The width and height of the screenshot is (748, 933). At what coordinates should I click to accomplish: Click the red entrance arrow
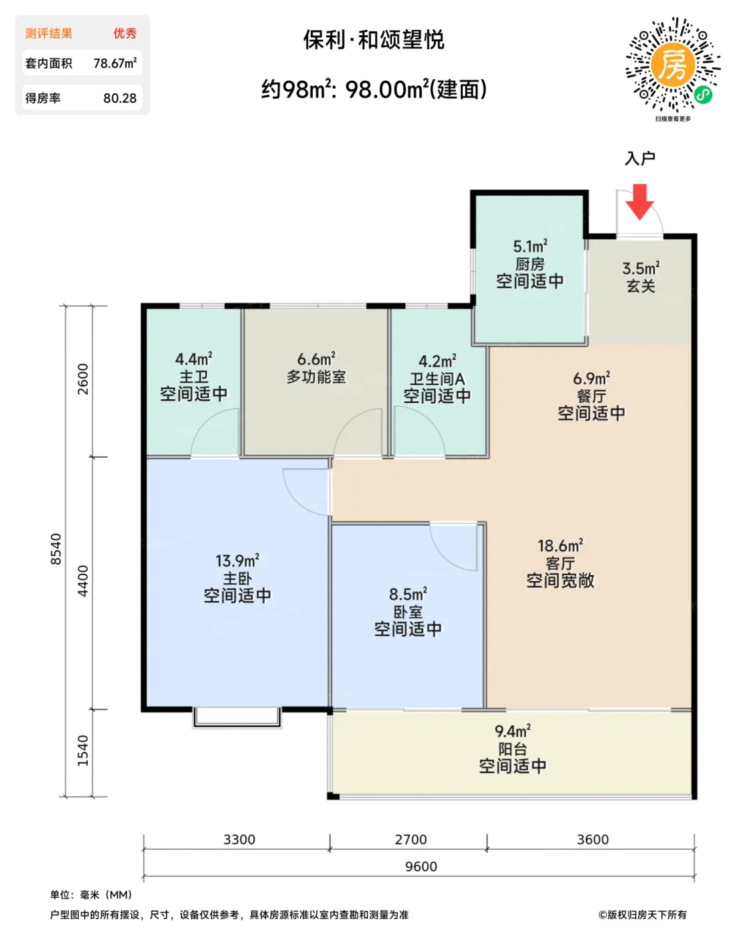pos(639,202)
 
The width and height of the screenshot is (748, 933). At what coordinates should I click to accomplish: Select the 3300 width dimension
pos(239,839)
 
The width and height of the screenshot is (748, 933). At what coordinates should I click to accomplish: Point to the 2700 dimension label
pos(411,839)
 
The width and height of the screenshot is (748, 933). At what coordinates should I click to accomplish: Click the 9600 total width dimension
pos(421,866)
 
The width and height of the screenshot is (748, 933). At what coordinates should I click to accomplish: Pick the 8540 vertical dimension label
pos(56,549)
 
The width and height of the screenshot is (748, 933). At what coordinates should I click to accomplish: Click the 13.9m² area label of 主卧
pos(237,560)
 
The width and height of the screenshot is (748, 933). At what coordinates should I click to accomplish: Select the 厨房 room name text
pos(530,264)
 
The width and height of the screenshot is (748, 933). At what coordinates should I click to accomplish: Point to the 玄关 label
pos(641,286)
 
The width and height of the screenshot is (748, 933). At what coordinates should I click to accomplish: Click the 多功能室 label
pos(316,377)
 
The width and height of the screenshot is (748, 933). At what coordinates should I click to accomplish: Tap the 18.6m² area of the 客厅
pos(560,545)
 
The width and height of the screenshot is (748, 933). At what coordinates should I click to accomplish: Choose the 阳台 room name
pos(513,749)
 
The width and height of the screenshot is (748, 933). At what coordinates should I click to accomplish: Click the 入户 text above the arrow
pos(640,159)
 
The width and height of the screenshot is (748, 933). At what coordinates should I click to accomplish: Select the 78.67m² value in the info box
pos(115,63)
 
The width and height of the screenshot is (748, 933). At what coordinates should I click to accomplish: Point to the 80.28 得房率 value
pos(120,99)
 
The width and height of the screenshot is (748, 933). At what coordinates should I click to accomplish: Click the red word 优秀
pos(125,33)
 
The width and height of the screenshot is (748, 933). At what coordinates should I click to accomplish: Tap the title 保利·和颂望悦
pos(373,40)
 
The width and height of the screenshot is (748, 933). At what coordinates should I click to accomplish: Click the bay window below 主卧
pos(237,717)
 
